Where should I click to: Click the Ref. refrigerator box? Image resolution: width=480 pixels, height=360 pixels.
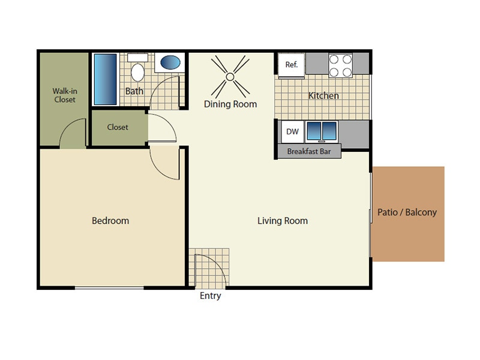pos(292,65)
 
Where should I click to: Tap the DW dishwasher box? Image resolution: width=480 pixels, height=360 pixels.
pos(292,131)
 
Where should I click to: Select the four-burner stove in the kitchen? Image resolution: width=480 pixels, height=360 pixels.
pos(340,65)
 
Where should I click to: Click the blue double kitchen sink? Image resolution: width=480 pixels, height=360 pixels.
pos(322,131)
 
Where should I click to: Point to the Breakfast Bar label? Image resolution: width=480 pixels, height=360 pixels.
pos(308,152)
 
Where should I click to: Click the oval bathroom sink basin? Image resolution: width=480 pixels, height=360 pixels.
pos(170,62)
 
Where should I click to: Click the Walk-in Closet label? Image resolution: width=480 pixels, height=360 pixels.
pos(65,95)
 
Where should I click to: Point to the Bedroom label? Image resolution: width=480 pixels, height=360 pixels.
pos(110,221)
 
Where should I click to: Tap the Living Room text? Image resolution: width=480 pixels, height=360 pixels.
pos(283,221)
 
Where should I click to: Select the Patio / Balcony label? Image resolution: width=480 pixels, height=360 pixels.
pos(407,212)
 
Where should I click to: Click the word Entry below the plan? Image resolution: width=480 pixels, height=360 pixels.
pos(210,296)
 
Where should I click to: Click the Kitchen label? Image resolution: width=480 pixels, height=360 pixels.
pos(323,95)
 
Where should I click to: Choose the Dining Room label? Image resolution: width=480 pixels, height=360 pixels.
pos(230,104)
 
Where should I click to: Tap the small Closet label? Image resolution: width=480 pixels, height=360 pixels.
pos(118,127)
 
